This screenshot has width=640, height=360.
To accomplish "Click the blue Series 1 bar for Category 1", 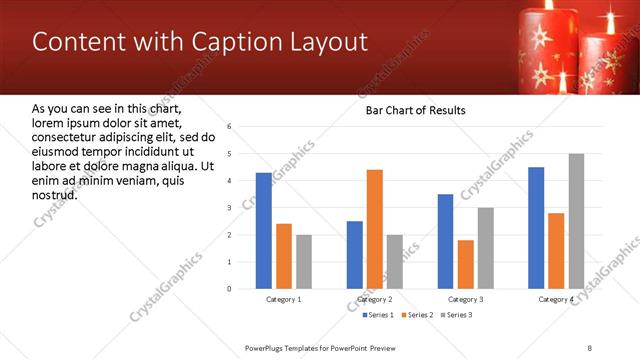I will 263,231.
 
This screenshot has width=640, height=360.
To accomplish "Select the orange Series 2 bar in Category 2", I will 375,229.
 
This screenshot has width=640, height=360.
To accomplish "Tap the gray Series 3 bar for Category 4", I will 576,221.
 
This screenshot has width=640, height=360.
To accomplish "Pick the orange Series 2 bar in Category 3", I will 466,264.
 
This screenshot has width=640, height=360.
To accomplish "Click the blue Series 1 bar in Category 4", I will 536,228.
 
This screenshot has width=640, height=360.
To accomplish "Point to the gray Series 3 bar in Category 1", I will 303,262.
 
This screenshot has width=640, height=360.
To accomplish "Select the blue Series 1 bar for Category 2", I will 355,255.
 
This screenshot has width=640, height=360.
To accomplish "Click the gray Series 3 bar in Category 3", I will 486,248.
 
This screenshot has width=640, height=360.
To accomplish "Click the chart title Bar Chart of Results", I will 415,110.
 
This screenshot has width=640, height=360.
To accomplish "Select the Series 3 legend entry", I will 457,315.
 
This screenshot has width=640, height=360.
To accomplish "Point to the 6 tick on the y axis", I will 230,127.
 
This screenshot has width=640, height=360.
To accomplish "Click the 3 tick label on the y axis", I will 230,208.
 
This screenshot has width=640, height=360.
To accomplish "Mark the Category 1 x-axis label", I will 283,299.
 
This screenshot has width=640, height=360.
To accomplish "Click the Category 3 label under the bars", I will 466,299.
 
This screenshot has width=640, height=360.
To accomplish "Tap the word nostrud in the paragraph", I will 55,194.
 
